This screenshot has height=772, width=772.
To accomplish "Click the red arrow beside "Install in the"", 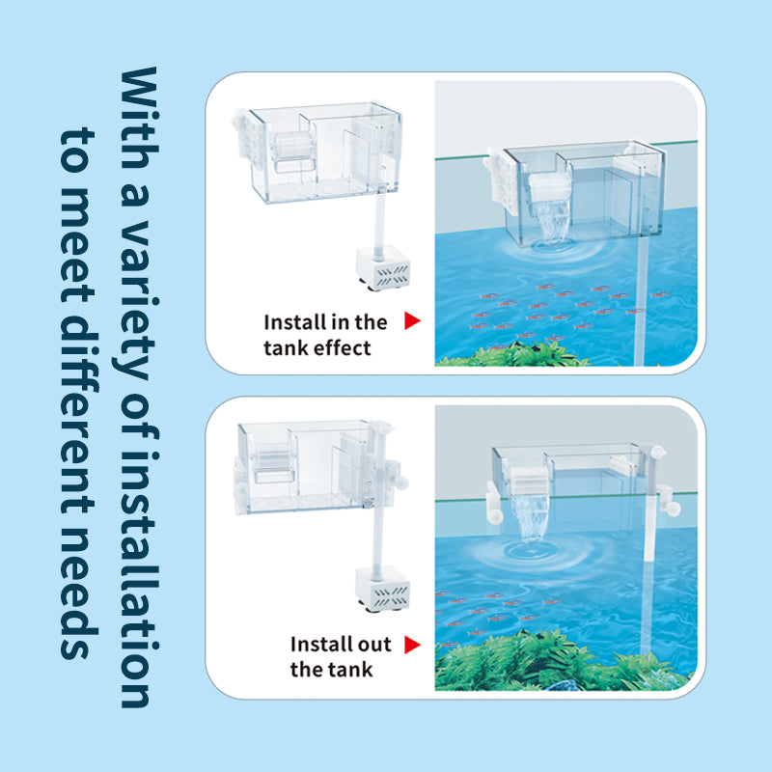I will click(412, 321).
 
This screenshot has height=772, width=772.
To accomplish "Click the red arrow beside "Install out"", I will click(412, 644).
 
